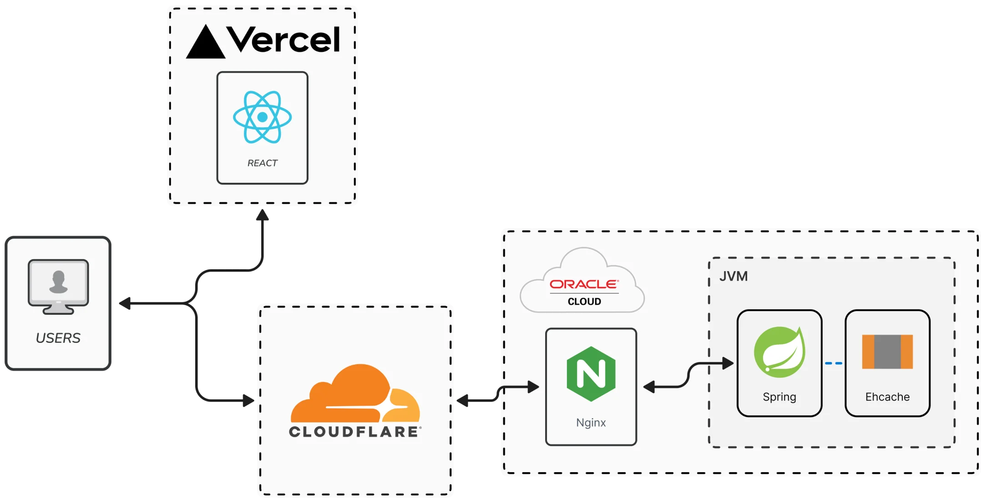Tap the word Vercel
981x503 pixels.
[x=283, y=40]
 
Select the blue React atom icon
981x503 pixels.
[x=262, y=117]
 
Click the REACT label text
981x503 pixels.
[x=262, y=163]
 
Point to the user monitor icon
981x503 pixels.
[x=58, y=287]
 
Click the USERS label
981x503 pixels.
[x=58, y=338]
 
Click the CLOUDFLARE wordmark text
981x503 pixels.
[x=354, y=432]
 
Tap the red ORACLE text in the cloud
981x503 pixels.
[x=584, y=284]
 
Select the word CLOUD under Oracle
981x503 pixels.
[x=584, y=302]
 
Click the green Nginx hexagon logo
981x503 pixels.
[x=591, y=374]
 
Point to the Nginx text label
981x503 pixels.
[x=591, y=423]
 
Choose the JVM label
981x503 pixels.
[x=733, y=276]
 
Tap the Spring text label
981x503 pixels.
[x=779, y=397]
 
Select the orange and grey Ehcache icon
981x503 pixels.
[x=887, y=352]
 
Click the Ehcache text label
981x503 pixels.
[x=887, y=397]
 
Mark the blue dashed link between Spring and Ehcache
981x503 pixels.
[x=834, y=363]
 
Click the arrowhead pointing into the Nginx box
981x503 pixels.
[x=533, y=387]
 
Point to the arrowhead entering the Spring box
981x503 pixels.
[x=728, y=363]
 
